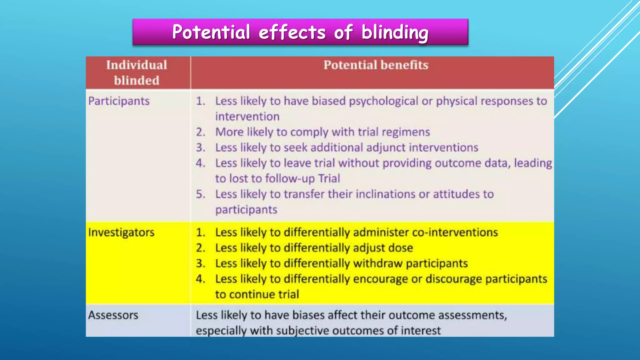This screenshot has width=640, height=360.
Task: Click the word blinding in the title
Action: coord(395,32)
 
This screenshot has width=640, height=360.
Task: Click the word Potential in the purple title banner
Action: coord(211,32)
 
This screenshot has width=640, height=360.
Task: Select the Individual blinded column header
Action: coord(137,72)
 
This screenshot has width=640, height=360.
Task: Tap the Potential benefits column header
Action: coord(376,65)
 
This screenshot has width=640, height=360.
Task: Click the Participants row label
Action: coord(119,101)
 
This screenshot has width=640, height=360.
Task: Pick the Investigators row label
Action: coord(121,232)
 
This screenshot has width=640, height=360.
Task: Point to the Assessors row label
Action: coord(113,315)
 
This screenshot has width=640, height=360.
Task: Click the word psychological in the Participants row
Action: coord(383,101)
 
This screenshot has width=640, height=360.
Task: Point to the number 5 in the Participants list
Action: coord(200,194)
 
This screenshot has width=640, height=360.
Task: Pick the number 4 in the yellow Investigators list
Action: coord(200,279)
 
